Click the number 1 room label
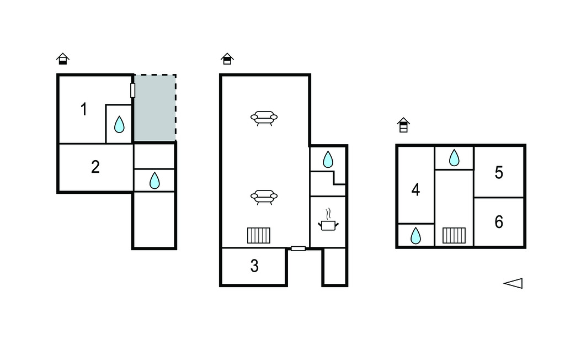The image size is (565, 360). pos(84,109)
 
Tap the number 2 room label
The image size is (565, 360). pos(95,167)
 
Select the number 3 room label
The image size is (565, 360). pos(254,266)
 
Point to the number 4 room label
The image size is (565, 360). pos(415,190)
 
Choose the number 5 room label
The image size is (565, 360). pos(499,173)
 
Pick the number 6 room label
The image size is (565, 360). pos(499,222)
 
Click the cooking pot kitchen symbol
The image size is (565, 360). pos(328,220)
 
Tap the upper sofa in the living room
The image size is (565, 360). pos(264,118)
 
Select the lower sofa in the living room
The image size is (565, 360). pos(264,197)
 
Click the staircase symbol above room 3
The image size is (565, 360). pos(259,236)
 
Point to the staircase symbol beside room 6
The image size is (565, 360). pos(454,236)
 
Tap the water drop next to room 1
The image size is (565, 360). pos(119,124)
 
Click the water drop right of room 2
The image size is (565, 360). pos(154,181)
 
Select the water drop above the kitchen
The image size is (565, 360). pos(328,159)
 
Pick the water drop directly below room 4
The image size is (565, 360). pos(416,236)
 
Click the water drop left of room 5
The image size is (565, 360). pos(455,157)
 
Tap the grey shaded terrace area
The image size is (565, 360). pos(155,108)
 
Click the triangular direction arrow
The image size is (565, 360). pos(513,283)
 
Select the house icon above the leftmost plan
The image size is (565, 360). pos(63,59)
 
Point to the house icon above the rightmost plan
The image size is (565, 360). pos(403,125)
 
